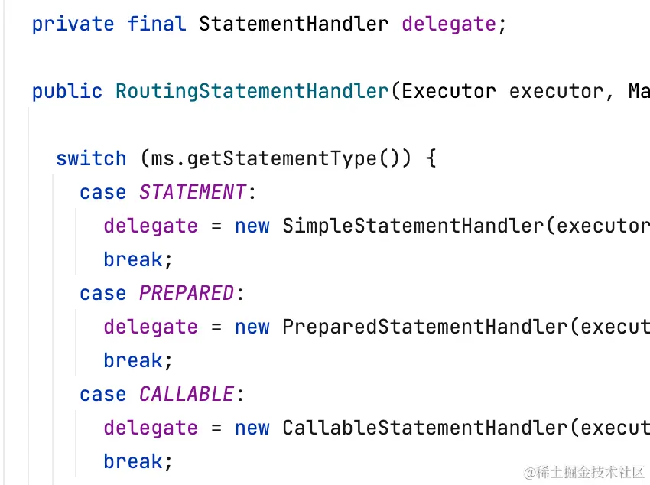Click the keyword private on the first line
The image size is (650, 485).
[x=73, y=24]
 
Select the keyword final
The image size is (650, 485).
[x=157, y=24]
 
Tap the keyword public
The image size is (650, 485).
[x=67, y=91]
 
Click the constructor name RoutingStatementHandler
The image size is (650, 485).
[x=252, y=91]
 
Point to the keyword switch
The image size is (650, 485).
[x=91, y=158]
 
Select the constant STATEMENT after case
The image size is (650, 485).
[x=193, y=192]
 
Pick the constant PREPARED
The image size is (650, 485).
[x=187, y=293]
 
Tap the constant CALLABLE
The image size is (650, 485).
[x=187, y=394]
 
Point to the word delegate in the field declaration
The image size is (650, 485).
[x=449, y=24]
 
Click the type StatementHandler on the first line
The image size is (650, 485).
[x=294, y=24]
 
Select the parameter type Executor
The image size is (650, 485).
[x=449, y=91]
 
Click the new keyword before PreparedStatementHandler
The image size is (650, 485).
[x=252, y=327]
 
